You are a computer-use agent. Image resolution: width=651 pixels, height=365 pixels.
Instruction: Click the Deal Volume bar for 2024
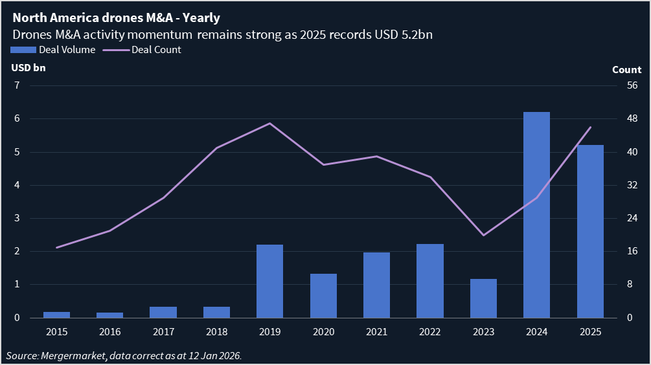(x=536, y=215)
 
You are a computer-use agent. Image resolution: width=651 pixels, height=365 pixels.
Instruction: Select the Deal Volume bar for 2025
(x=590, y=231)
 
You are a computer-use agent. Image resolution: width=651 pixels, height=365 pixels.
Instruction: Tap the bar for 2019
(x=269, y=281)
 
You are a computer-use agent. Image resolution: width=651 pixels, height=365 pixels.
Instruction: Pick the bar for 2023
(x=483, y=298)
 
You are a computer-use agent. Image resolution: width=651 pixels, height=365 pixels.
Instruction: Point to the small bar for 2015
(x=56, y=315)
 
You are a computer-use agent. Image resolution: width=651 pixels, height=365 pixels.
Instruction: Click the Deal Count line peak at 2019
(x=269, y=124)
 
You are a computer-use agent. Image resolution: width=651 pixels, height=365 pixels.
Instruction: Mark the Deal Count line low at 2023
(x=483, y=235)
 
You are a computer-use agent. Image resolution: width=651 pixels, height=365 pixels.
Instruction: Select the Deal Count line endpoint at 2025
(x=590, y=127)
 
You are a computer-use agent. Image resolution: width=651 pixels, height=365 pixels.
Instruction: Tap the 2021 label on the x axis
(x=376, y=332)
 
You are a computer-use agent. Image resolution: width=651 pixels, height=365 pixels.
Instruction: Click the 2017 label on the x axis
(x=163, y=332)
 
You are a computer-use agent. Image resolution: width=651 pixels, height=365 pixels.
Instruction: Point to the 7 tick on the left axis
(x=18, y=85)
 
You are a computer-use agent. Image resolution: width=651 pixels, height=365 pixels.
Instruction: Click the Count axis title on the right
(x=626, y=70)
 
